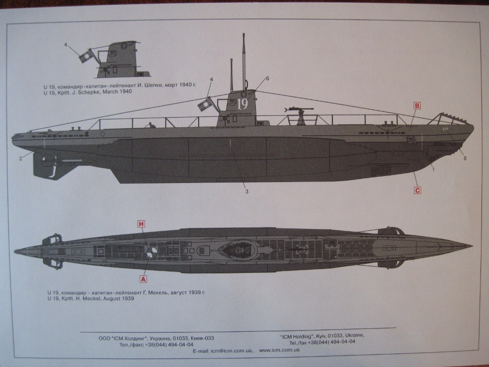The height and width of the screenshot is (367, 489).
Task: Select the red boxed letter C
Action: point(417,190)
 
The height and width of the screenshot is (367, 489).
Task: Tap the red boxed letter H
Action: point(141,224)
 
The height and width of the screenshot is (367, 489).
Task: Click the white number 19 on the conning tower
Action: point(243,104)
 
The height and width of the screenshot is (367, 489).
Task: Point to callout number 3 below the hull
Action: point(247,192)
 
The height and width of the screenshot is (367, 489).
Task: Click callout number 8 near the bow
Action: point(465,159)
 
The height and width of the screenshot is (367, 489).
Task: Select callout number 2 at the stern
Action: point(21,159)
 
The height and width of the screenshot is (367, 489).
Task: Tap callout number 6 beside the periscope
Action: point(267,78)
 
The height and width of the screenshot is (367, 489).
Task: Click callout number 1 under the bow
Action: point(433,169)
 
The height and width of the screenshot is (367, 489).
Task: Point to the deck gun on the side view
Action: point(300,115)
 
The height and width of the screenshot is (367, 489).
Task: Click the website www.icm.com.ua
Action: point(279,350)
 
